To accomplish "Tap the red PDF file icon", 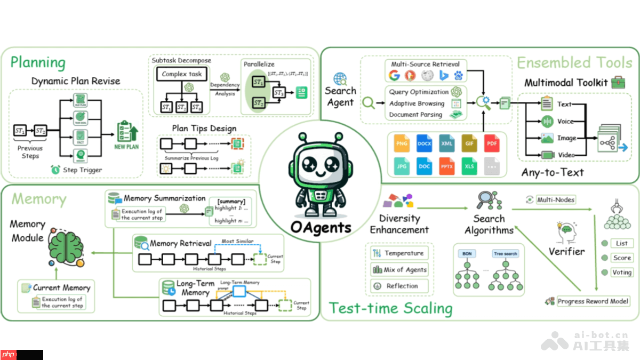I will coord(492,143).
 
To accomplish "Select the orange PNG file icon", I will coord(402,143).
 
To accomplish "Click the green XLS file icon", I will coord(469,166).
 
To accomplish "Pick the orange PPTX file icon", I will coord(447,166).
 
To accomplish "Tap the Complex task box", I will coord(182,74).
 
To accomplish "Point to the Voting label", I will coord(622,273).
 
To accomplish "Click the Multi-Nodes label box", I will coord(556,199).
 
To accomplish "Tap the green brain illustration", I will coord(66,249).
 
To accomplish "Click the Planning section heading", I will coord(38,62).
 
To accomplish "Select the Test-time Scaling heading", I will coord(390,308).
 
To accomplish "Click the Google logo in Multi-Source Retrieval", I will coord(394,75).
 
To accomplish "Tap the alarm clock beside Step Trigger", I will coord(55,170).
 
